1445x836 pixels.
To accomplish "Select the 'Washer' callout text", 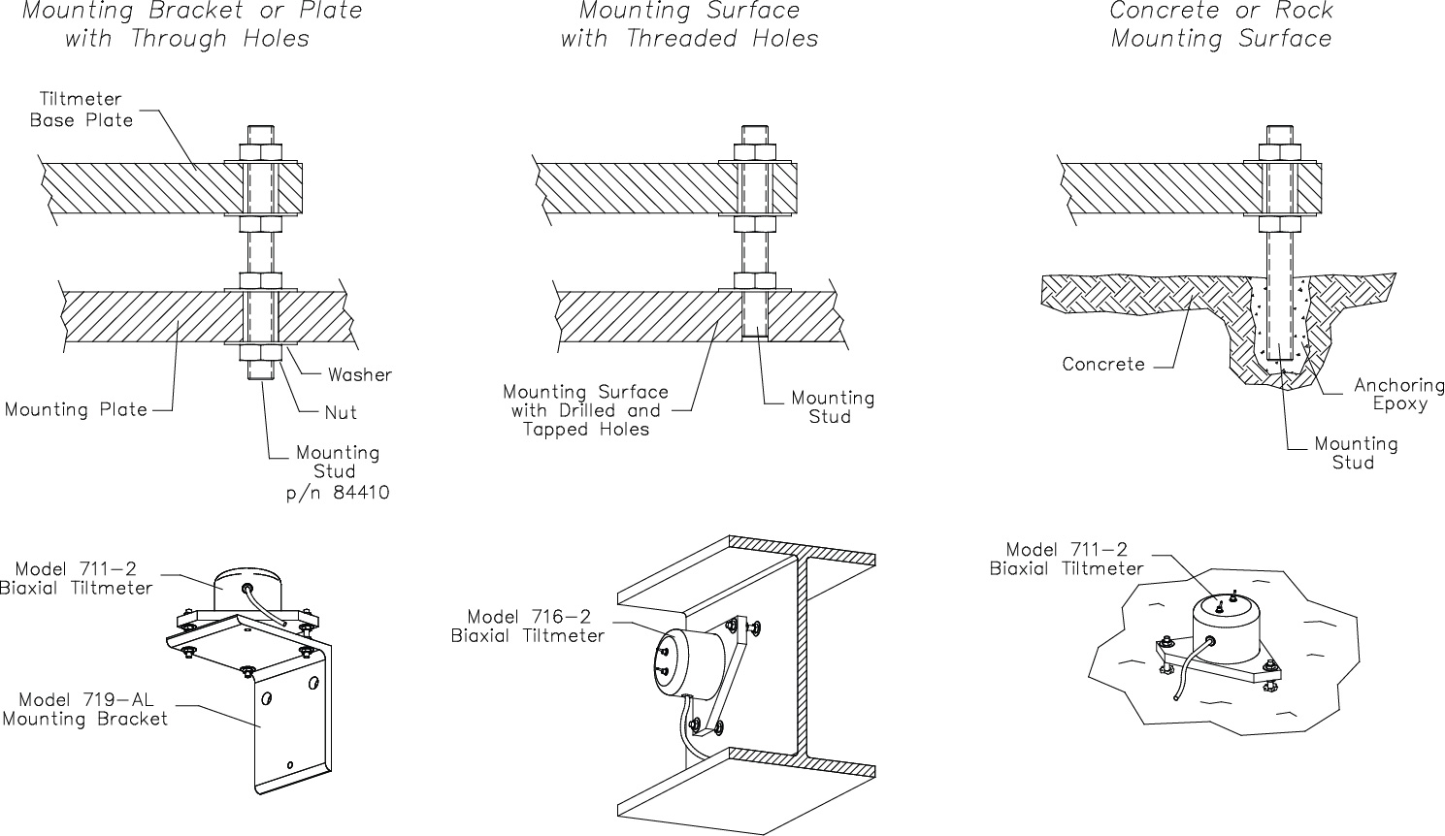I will coord(359,375).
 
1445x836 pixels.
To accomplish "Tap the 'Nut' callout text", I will coord(341,413).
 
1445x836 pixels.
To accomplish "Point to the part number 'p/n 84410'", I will coord(338,493).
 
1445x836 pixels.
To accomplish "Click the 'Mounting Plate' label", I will coord(76,409).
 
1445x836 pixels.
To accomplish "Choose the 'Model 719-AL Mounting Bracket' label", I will coord(85,709).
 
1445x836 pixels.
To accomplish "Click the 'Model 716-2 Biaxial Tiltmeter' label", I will coord(528,626).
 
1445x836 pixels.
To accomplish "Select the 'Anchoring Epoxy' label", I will coord(1399,395).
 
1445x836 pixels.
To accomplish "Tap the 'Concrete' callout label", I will coord(1103,365).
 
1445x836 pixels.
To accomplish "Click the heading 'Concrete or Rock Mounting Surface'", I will coord(1221,25).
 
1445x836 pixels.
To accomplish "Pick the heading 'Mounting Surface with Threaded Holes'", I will coord(689,25).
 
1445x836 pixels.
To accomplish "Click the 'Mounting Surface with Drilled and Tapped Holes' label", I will coord(585,410).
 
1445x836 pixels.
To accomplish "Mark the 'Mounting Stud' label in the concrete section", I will coord(1355,453).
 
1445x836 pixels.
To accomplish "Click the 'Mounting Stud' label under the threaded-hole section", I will coord(833,407).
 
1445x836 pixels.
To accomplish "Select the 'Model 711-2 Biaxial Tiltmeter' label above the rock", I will coord(1067,559).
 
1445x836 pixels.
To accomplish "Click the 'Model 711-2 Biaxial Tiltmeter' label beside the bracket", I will coord(77,578).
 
